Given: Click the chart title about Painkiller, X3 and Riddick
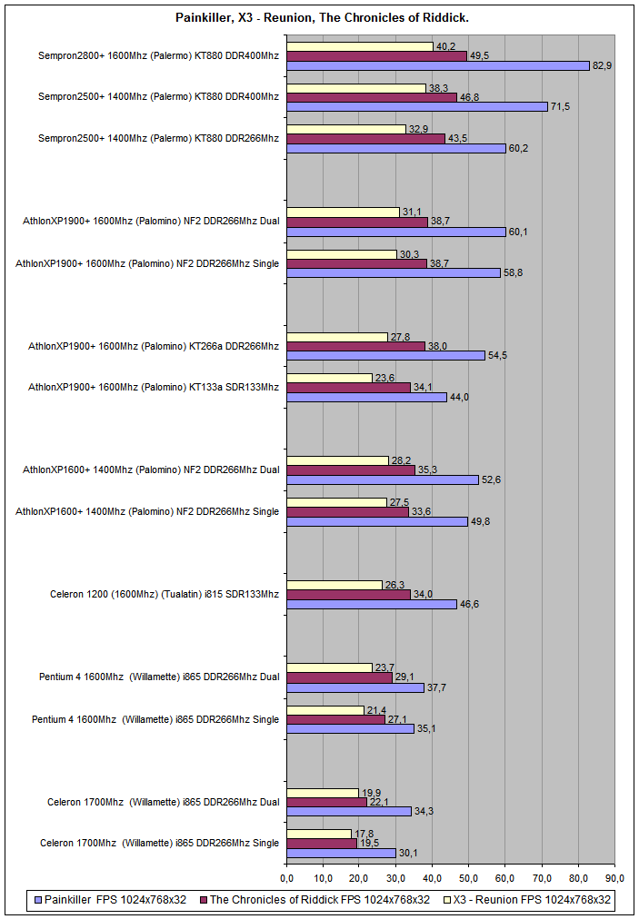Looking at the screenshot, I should [x=319, y=17].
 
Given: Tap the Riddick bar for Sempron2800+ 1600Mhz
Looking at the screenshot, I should [x=376, y=55].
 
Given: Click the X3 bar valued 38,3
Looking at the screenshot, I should [x=356, y=88].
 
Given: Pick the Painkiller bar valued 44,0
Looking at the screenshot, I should [x=366, y=397].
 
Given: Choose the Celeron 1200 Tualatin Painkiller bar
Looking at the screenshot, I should [x=372, y=604].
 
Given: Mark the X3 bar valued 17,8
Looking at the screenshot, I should [x=319, y=834].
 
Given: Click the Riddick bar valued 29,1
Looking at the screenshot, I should [x=339, y=677].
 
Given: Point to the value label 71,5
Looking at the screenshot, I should [x=561, y=107].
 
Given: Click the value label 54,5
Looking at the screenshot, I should [x=498, y=355].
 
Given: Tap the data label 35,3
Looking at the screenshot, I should [x=427, y=469].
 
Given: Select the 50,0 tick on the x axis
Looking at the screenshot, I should [x=469, y=879].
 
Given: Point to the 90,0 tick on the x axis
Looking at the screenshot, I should [x=615, y=879].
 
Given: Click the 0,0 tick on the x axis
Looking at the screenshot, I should [x=286, y=879].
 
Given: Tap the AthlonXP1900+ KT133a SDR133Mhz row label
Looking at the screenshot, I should [x=154, y=387].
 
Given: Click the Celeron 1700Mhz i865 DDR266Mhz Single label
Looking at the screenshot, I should [x=160, y=844].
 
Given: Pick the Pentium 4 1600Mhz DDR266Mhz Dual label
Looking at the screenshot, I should [x=159, y=677].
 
